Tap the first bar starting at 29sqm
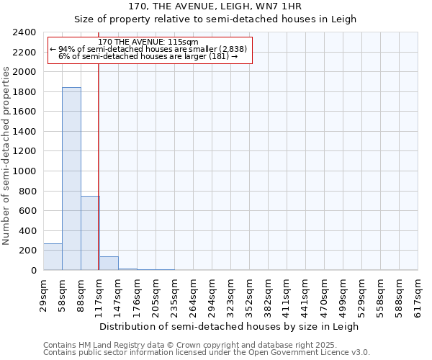point(53,256)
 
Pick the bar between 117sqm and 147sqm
point(109,264)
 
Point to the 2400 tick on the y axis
point(25,32)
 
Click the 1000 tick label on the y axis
point(25,171)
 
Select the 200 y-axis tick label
point(28,251)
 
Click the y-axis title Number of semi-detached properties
point(7,156)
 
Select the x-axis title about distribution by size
point(229,326)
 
